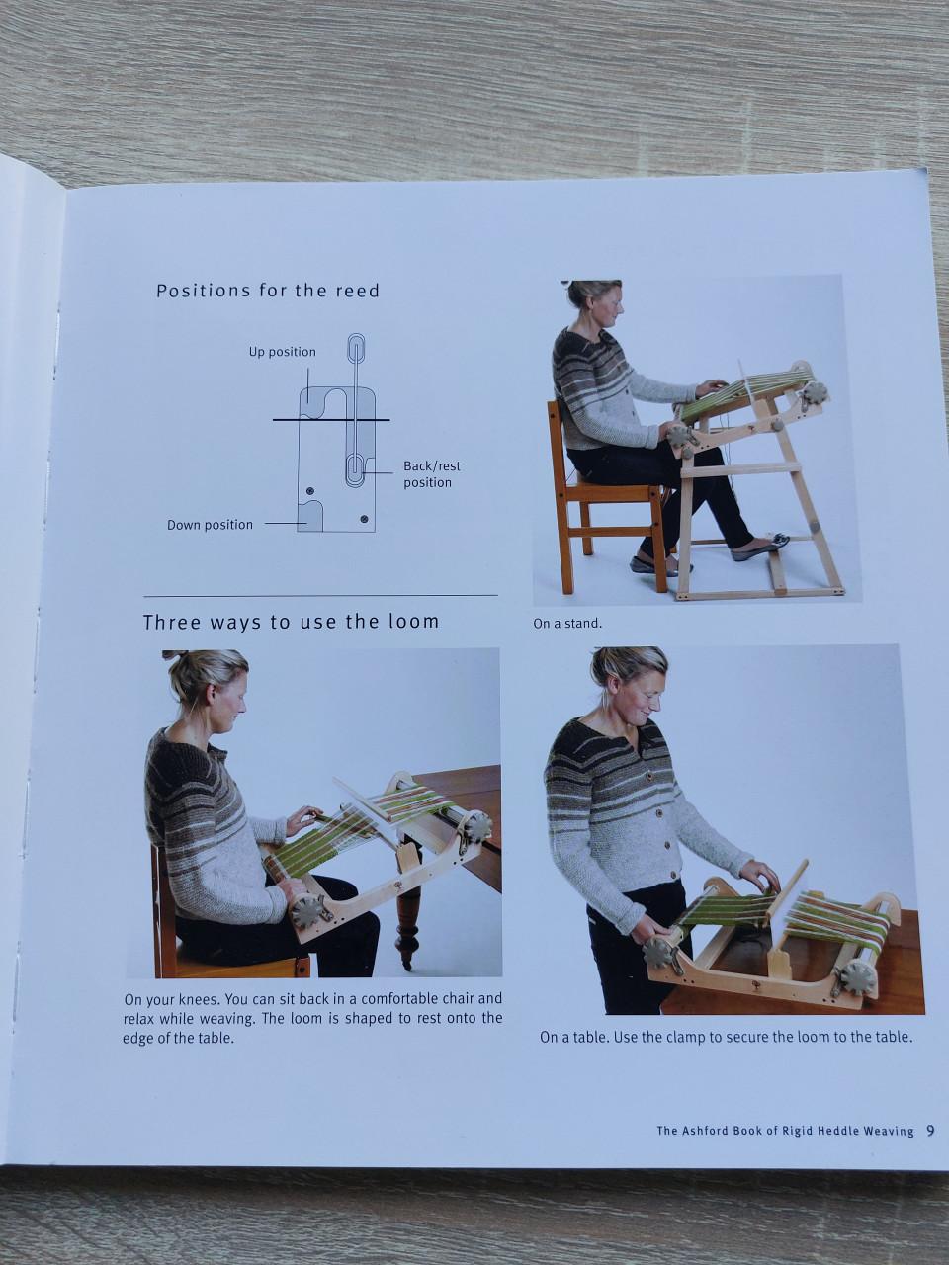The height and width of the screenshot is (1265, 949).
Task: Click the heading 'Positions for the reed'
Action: coord(268,291)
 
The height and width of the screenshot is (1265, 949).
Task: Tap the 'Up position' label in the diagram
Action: coord(283,352)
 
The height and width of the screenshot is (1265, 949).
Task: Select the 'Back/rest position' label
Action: coord(431,474)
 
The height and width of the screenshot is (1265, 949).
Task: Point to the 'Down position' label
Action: coord(210,525)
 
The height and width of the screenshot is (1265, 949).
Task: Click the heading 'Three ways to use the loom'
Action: coord(291,622)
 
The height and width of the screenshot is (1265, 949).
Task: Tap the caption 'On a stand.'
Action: coord(567,624)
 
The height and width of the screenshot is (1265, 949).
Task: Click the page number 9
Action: coord(930,1131)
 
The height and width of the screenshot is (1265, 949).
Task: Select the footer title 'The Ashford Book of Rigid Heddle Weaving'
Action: coord(785,1131)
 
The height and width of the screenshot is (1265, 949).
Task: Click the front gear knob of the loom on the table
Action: coord(658,953)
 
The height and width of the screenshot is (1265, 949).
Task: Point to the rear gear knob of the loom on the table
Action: coord(857,976)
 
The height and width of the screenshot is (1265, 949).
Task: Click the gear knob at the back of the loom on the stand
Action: coord(815,393)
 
